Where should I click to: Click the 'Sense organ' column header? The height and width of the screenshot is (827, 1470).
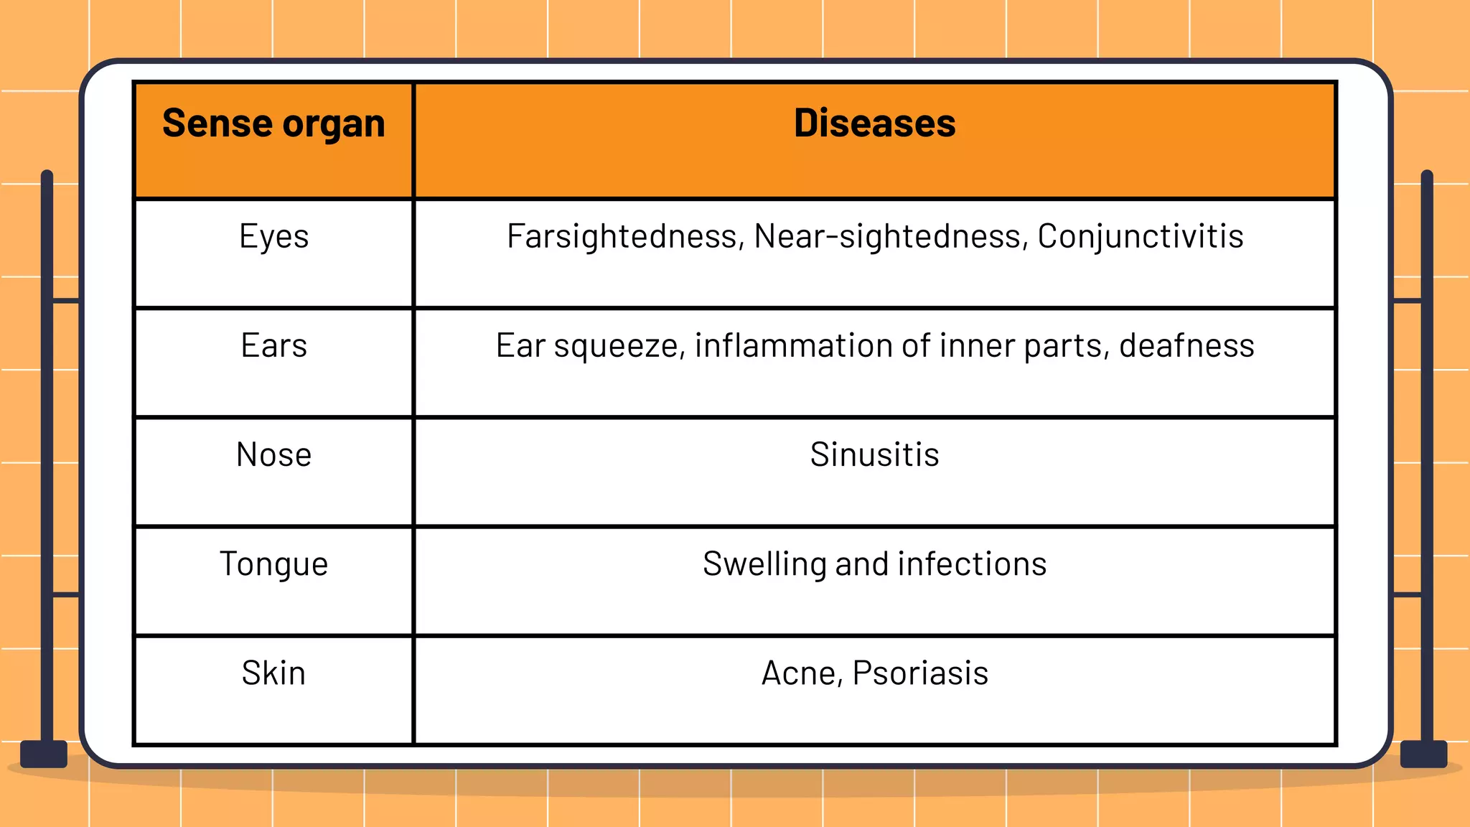coord(273,123)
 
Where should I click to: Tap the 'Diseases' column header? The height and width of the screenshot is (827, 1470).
coord(874,123)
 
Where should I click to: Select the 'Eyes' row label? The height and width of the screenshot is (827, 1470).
coord(273,237)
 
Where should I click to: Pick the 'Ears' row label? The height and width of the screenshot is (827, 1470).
coord(273,346)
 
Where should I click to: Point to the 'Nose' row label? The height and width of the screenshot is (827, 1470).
coord(273,455)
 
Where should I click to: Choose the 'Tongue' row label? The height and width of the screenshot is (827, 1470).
coord(273,564)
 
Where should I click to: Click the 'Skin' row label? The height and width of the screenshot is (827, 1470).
coord(273,673)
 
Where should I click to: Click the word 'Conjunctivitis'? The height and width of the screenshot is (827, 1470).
coord(1140,237)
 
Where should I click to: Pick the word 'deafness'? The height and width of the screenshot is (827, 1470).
coord(1186,346)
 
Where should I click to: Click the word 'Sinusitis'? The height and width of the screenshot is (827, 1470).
coord(874,455)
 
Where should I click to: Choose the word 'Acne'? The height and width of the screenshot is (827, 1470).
coord(799,674)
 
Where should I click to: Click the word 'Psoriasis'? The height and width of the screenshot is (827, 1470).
coord(920,673)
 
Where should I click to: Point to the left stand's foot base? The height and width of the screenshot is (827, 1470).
coord(44,754)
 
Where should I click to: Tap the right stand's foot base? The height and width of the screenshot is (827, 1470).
coord(1423,754)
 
